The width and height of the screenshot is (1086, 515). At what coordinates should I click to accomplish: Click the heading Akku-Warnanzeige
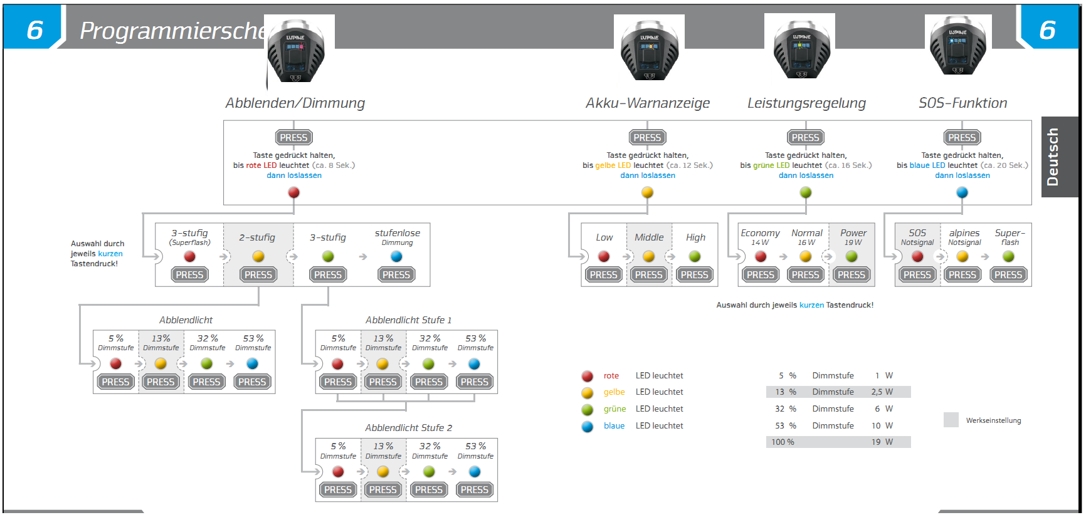[x=648, y=103]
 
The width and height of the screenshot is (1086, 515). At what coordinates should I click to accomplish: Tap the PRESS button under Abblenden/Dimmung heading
[x=293, y=137]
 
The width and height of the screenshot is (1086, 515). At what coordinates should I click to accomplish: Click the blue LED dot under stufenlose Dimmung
[x=396, y=256]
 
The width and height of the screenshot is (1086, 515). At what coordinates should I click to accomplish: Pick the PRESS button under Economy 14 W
[x=761, y=274]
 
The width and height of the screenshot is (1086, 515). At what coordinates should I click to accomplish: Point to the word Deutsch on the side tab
[x=1053, y=157]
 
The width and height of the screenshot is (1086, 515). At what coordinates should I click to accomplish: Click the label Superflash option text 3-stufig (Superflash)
[x=189, y=237]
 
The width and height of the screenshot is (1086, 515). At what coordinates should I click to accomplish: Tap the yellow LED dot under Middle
[x=649, y=256]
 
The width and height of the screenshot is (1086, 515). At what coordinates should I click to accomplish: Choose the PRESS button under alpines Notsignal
[x=962, y=274]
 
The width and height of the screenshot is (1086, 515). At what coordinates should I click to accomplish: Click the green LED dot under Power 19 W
[x=851, y=256]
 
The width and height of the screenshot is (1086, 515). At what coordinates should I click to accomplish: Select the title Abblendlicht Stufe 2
[x=408, y=428]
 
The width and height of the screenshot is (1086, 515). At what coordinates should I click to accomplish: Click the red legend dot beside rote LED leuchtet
[x=588, y=376]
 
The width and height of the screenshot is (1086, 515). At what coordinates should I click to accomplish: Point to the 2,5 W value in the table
[x=882, y=392]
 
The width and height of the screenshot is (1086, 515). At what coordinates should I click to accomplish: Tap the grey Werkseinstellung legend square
[x=951, y=420]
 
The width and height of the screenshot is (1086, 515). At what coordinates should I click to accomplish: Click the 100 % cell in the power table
[x=783, y=442]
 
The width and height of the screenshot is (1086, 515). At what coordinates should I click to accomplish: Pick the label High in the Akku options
[x=695, y=237]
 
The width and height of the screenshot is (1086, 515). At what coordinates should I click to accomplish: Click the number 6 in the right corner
[x=1047, y=30]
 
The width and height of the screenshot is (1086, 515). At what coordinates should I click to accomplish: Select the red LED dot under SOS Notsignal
[x=917, y=256]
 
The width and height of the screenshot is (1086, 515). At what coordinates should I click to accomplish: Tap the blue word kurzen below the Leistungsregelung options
[x=811, y=305]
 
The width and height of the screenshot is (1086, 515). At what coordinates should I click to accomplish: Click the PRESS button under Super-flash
[x=1008, y=274]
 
